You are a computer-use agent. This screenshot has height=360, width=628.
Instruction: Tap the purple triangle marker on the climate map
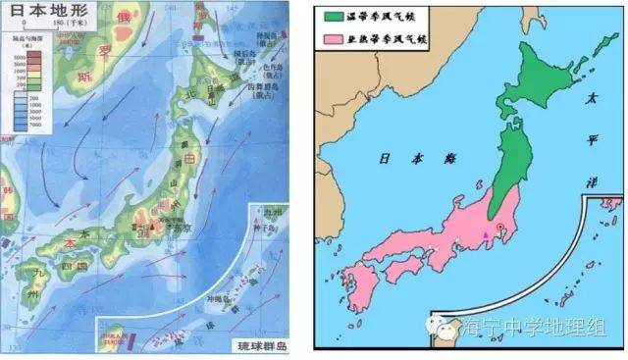pyautogui.click(x=485, y=236)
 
